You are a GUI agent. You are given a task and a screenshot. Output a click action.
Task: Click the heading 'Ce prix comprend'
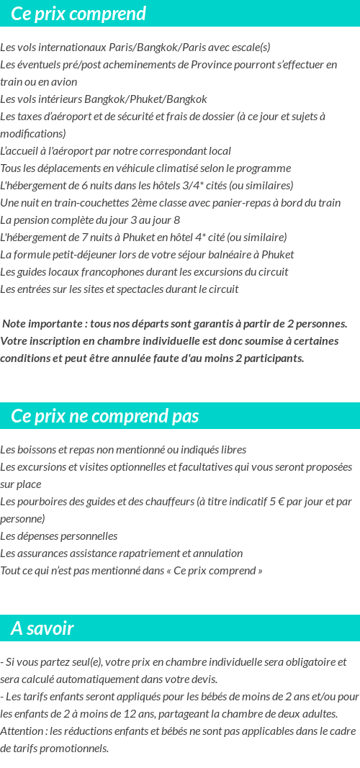pyautogui.click(x=78, y=14)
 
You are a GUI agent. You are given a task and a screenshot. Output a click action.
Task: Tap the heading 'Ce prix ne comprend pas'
pyautogui.click(x=105, y=416)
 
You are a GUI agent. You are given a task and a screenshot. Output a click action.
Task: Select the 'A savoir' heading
pyautogui.click(x=42, y=628)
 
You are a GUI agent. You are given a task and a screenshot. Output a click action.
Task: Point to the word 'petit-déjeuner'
pyautogui.click(x=82, y=255)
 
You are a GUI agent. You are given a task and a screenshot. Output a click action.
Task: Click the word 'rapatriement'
pyautogui.click(x=138, y=554)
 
